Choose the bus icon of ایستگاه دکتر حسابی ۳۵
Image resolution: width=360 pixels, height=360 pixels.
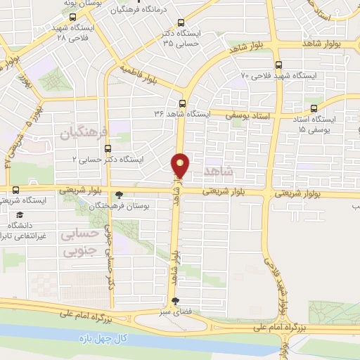pos(181,22)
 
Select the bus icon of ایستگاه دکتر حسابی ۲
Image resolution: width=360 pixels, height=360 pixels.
pos(108,148)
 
